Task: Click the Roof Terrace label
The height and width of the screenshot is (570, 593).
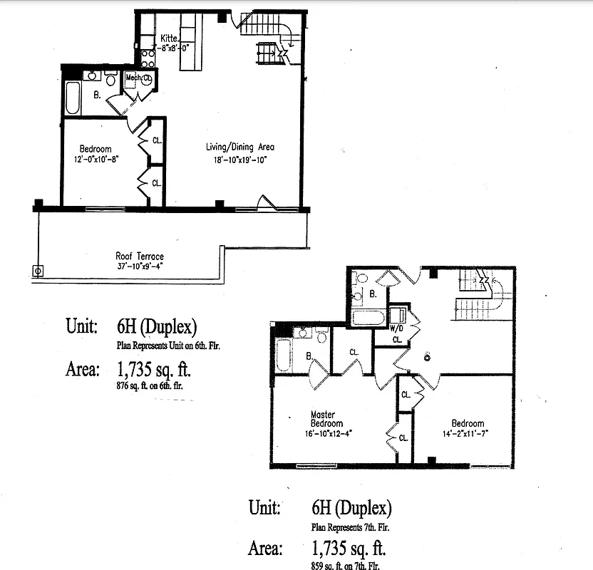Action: click(140, 256)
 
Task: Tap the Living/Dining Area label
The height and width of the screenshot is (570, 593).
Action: click(240, 147)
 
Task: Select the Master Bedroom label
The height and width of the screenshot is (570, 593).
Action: click(327, 419)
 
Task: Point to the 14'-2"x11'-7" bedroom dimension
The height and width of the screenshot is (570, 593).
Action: click(467, 432)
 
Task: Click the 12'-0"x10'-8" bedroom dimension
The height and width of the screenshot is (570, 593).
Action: click(95, 159)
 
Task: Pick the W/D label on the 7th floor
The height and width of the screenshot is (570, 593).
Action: click(396, 329)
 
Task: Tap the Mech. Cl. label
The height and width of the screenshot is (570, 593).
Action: click(139, 78)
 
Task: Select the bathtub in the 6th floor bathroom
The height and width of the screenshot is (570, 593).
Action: click(73, 98)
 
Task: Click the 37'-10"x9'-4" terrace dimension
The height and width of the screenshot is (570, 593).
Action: click(140, 266)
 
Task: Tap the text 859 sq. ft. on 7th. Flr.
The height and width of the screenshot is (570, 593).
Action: click(351, 565)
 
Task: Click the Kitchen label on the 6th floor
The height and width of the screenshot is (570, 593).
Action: click(169, 37)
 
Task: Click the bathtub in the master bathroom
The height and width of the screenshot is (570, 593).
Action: click(282, 354)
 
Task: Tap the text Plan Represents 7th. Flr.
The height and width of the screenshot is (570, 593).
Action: click(351, 528)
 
